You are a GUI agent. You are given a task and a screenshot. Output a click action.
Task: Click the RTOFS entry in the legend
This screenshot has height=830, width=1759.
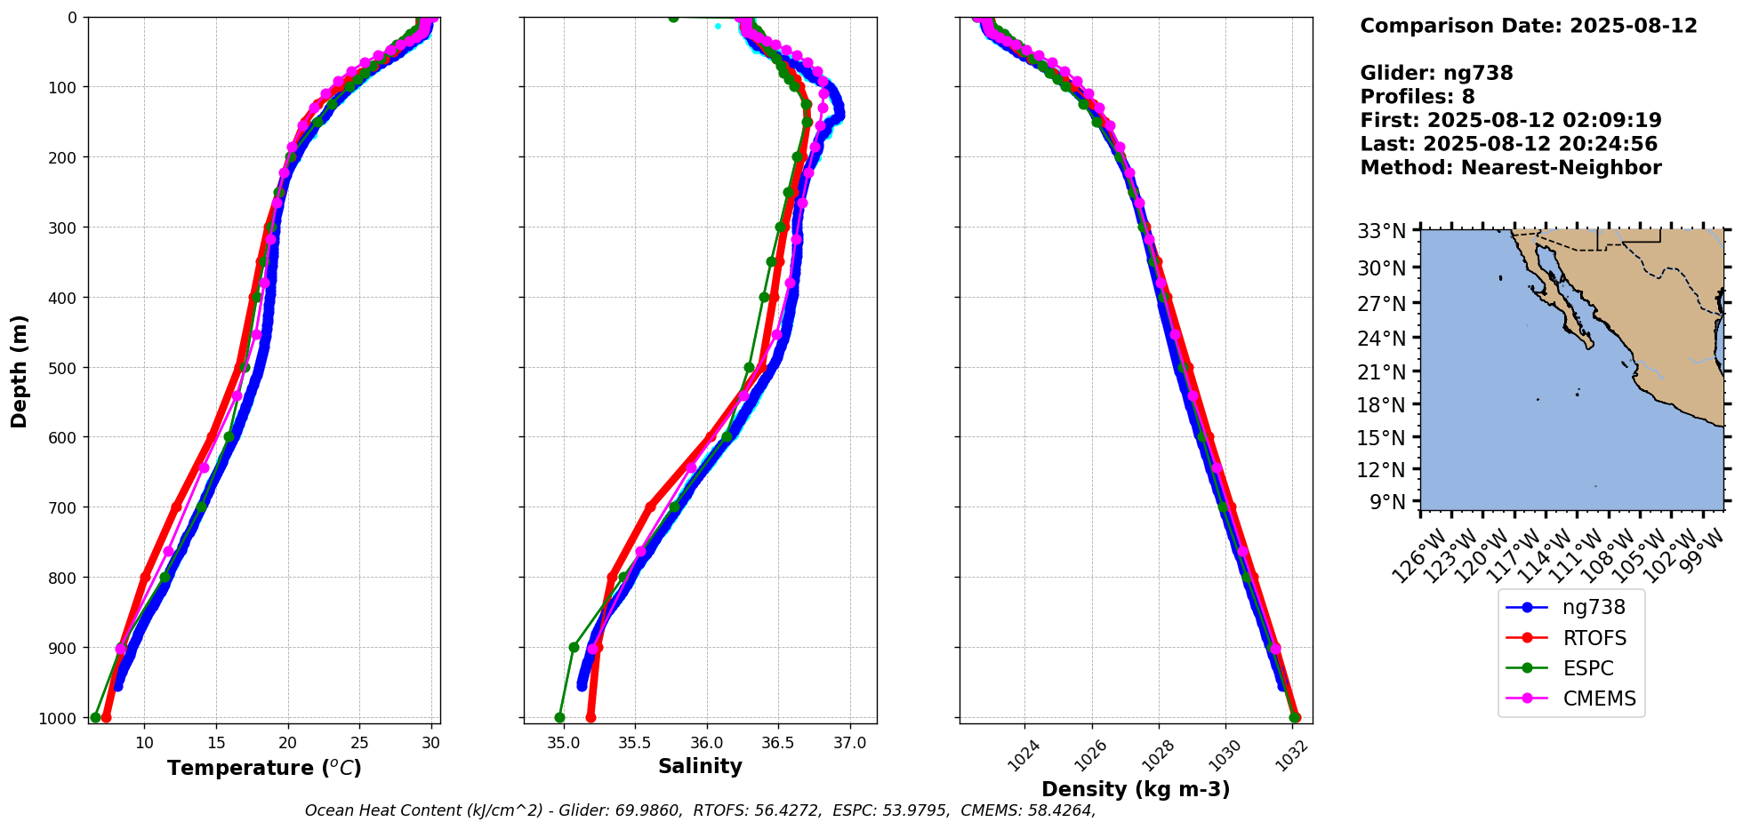pyautogui.click(x=1594, y=638)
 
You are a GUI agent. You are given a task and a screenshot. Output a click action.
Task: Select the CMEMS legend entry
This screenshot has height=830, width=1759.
pyautogui.click(x=1598, y=698)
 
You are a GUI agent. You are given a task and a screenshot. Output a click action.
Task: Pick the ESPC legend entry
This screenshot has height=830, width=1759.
pyautogui.click(x=1587, y=668)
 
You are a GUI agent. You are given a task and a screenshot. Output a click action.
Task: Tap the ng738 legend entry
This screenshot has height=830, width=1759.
pyautogui.click(x=1594, y=608)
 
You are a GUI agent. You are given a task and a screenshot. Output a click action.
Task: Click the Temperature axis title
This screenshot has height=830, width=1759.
pyautogui.click(x=264, y=768)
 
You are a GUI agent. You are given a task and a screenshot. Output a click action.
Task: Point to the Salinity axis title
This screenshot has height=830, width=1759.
pyautogui.click(x=700, y=767)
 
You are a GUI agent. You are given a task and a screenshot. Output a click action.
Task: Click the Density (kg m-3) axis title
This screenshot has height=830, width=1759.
pyautogui.click(x=1136, y=789)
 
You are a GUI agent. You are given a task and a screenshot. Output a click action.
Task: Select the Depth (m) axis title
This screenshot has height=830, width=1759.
pyautogui.click(x=20, y=371)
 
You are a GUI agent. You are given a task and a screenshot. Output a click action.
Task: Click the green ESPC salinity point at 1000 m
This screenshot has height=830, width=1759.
pyautogui.click(x=559, y=717)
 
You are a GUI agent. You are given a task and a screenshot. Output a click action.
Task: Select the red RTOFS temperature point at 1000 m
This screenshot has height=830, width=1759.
pyautogui.click(x=106, y=717)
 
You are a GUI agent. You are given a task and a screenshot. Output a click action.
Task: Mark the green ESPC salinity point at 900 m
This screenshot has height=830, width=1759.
pyautogui.click(x=574, y=647)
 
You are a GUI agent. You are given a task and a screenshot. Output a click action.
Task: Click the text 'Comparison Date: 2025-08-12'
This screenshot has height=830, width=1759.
pyautogui.click(x=1528, y=26)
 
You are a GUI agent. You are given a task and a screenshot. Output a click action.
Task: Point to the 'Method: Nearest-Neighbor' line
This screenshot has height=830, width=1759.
pyautogui.click(x=1510, y=168)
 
